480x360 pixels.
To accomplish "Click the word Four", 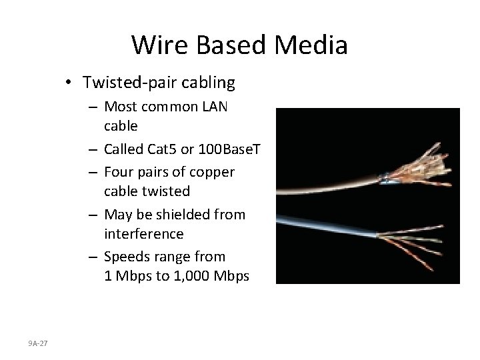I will [120, 172].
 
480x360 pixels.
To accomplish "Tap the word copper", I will [213, 172].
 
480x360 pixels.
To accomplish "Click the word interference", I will [143, 233].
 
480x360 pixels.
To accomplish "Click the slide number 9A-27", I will [38, 343].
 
